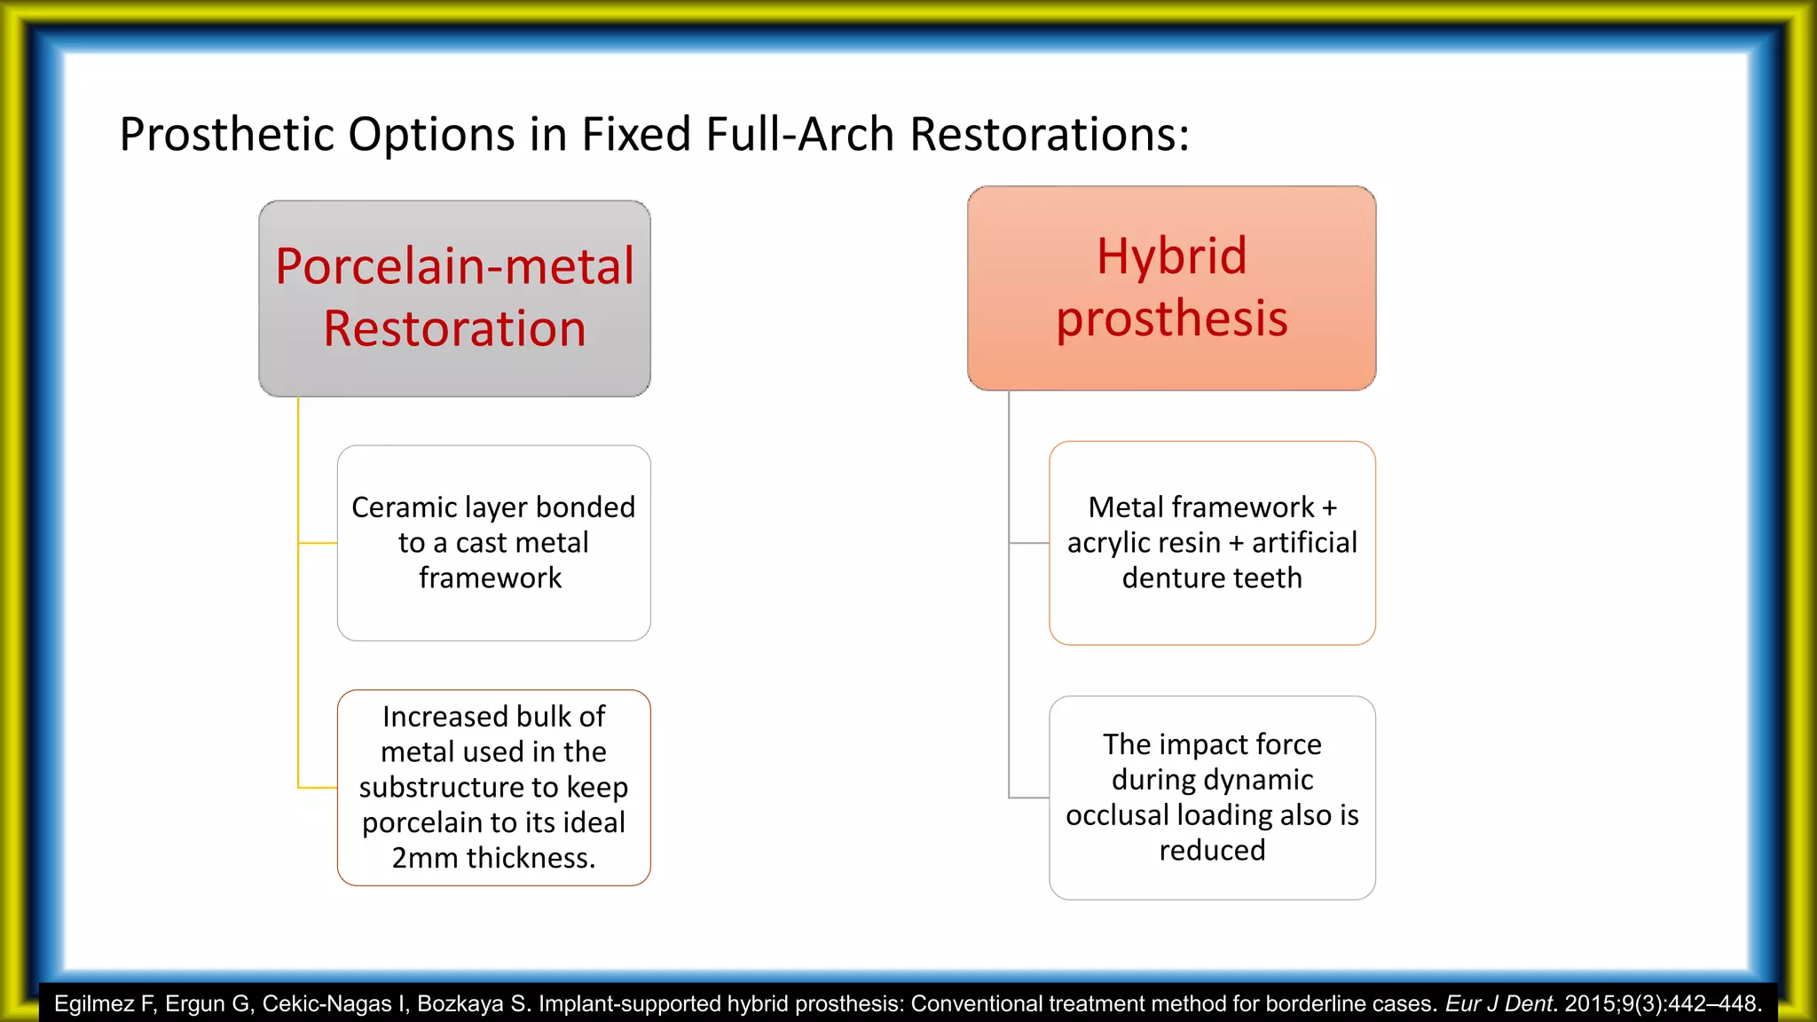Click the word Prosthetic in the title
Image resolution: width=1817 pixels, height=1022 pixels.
[226, 135]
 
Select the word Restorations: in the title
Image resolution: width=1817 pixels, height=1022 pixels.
[1050, 135]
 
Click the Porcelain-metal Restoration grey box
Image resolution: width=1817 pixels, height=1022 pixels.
[454, 298]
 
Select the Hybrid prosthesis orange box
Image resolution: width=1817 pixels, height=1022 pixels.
[1171, 287]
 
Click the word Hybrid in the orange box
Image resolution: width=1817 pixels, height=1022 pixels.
[1171, 256]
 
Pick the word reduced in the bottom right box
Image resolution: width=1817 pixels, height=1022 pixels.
[1212, 851]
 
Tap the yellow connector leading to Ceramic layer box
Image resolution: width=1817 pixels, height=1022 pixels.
[318, 543]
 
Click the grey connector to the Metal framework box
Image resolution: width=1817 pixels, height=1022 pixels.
[1029, 543]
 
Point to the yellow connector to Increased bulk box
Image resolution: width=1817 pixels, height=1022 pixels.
[318, 787]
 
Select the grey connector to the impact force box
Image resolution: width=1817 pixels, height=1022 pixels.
[1029, 798]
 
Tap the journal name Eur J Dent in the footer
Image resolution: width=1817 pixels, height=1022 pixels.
[1499, 1004]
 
